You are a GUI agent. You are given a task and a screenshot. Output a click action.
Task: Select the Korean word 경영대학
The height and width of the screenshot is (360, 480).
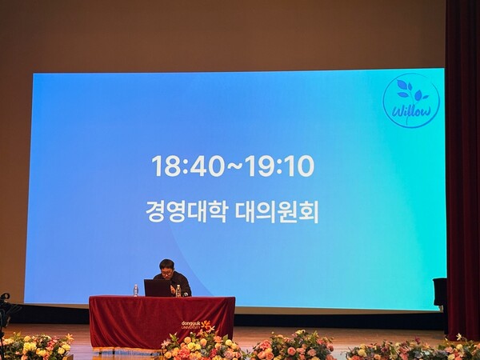[x=186, y=210]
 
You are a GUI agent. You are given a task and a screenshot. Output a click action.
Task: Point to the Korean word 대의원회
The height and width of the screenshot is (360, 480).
[x=276, y=210]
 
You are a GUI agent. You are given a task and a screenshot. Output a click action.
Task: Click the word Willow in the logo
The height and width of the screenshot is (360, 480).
[x=410, y=112]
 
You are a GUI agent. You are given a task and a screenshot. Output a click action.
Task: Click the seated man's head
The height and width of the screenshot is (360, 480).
[x=167, y=267]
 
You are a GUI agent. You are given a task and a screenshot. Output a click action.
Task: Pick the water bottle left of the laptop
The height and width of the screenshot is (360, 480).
[x=136, y=290]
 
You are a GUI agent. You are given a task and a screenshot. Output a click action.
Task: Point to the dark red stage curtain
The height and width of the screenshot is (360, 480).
[x=462, y=160]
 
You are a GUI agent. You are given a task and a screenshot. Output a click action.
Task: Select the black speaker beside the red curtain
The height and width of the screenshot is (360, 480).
[x=439, y=293]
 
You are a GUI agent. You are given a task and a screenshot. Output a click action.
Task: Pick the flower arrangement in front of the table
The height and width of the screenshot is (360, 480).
[x=196, y=346]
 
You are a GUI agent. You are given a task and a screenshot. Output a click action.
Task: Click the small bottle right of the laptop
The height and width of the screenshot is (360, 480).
[x=178, y=291]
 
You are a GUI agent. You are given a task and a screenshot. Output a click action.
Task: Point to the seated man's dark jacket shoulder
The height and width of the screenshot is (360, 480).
[x=182, y=281]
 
